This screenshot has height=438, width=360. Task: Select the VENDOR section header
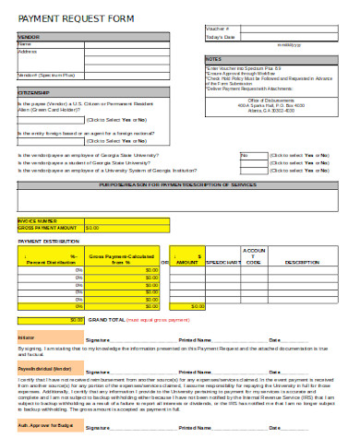(x=29, y=37)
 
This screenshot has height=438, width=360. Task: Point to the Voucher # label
(x=218, y=30)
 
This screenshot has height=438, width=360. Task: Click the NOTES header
(x=213, y=59)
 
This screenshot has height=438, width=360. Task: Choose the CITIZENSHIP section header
(x=35, y=93)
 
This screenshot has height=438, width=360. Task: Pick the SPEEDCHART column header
(x=223, y=262)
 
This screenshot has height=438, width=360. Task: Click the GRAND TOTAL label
(x=107, y=319)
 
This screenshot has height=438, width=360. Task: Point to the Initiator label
(x=27, y=338)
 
